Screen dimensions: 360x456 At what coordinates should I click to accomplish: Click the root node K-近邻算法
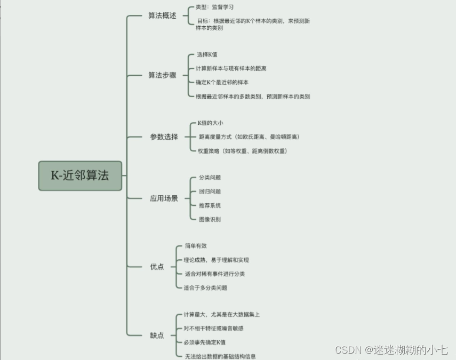pyautogui.click(x=80, y=175)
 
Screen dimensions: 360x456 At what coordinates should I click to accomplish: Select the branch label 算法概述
pyautogui.click(x=162, y=15)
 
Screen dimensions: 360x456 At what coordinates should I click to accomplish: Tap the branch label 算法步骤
pyautogui.click(x=162, y=75)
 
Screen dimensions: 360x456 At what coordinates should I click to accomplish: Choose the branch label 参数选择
pyautogui.click(x=164, y=137)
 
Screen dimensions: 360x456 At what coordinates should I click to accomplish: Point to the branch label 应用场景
pyautogui.click(x=164, y=198)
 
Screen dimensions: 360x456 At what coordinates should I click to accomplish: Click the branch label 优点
pyautogui.click(x=157, y=267)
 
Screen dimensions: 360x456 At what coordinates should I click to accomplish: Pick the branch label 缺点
pyautogui.click(x=157, y=335)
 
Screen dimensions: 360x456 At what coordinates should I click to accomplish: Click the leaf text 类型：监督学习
pyautogui.click(x=214, y=7)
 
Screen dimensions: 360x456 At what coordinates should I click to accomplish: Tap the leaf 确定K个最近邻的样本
pyautogui.click(x=222, y=83)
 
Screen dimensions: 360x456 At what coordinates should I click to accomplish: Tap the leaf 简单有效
pyautogui.click(x=196, y=246)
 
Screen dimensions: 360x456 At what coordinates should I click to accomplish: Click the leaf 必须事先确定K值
pyautogui.click(x=205, y=342)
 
